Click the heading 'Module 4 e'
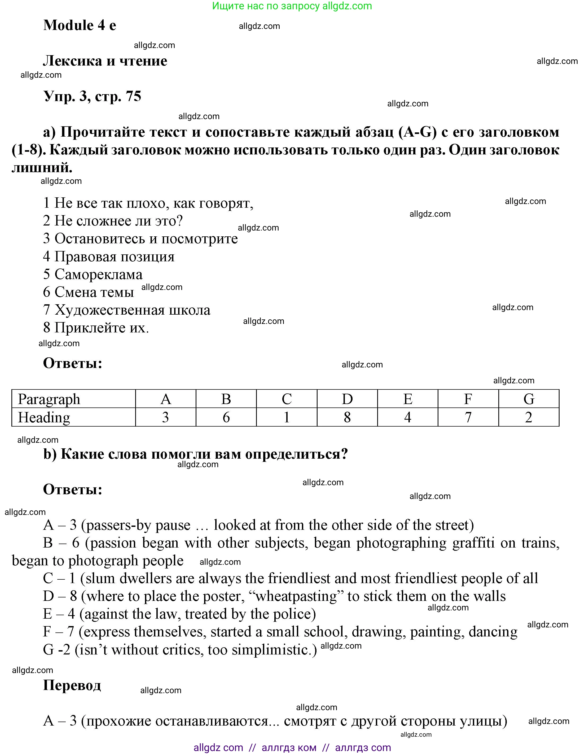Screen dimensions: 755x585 point(80,25)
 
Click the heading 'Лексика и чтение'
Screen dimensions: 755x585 point(105,61)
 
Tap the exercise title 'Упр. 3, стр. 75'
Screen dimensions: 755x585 point(92,96)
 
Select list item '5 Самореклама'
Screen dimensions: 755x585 point(93,275)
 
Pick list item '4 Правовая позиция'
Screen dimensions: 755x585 point(108,257)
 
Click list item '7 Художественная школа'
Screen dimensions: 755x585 point(126,310)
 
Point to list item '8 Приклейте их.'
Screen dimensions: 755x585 point(96,328)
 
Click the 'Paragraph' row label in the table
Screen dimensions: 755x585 point(49,399)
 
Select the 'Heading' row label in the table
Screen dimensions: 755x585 point(44,418)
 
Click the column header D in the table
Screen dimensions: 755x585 point(347,399)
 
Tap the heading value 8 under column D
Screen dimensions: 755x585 point(347,418)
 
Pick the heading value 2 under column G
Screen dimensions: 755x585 point(528,418)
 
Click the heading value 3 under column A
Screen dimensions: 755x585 point(165,418)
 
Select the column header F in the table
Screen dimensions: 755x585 point(468,399)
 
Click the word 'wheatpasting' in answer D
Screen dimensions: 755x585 point(296,596)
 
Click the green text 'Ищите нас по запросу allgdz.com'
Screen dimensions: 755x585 point(292,6)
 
